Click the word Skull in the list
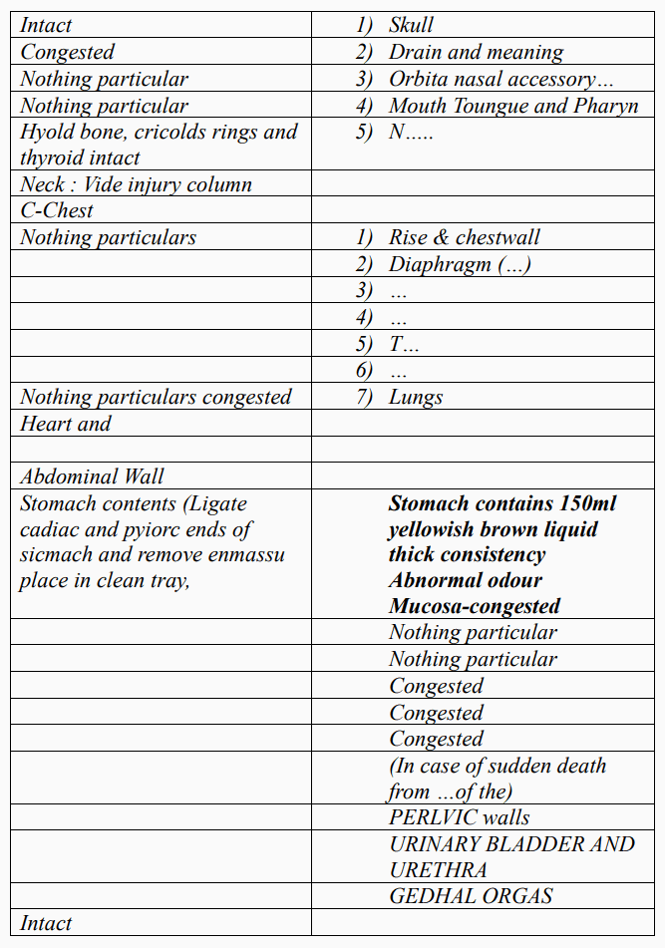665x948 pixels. click(x=411, y=25)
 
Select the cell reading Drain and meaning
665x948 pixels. click(x=475, y=52)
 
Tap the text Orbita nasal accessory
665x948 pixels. click(x=492, y=79)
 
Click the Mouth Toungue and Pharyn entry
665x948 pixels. click(x=512, y=106)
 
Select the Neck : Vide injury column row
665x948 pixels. click(x=136, y=184)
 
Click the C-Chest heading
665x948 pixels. click(x=57, y=210)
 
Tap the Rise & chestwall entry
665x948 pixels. click(x=464, y=237)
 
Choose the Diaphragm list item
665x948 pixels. click(x=459, y=264)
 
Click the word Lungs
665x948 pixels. click(x=416, y=397)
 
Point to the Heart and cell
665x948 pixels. click(x=66, y=424)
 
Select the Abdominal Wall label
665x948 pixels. click(x=92, y=476)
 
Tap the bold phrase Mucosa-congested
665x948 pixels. click(x=474, y=606)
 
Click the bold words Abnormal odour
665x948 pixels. click(x=467, y=580)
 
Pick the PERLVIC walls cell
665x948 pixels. click(x=460, y=817)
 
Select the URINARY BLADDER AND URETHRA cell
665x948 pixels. click(x=511, y=856)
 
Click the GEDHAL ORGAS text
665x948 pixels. click(x=471, y=896)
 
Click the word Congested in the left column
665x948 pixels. click(x=68, y=52)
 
